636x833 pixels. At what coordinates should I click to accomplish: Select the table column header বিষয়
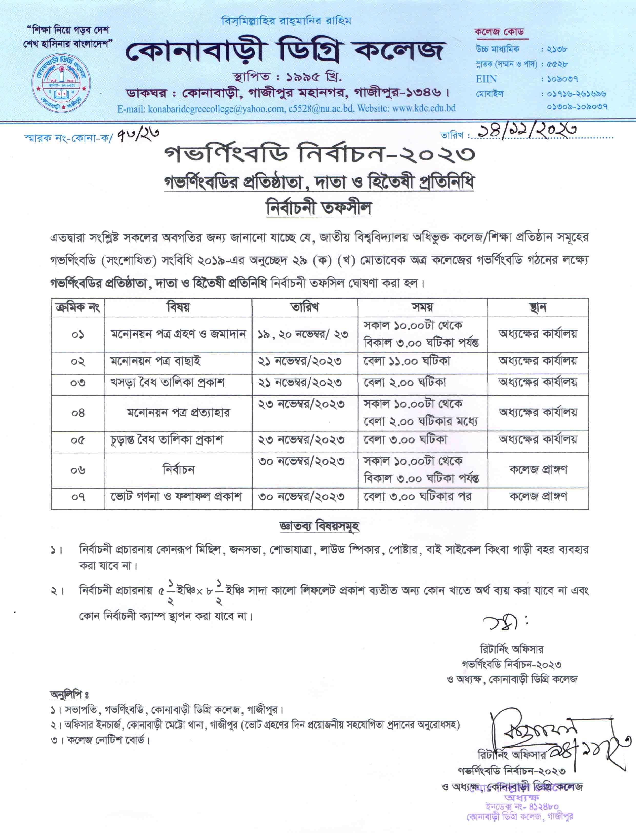178,307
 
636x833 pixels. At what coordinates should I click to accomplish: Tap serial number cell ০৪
78,413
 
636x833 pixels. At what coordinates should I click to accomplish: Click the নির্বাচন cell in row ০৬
178,470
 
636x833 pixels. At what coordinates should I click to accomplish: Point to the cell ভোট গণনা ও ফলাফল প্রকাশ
176,496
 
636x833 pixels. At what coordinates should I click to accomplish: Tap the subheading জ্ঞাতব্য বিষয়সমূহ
319,526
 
